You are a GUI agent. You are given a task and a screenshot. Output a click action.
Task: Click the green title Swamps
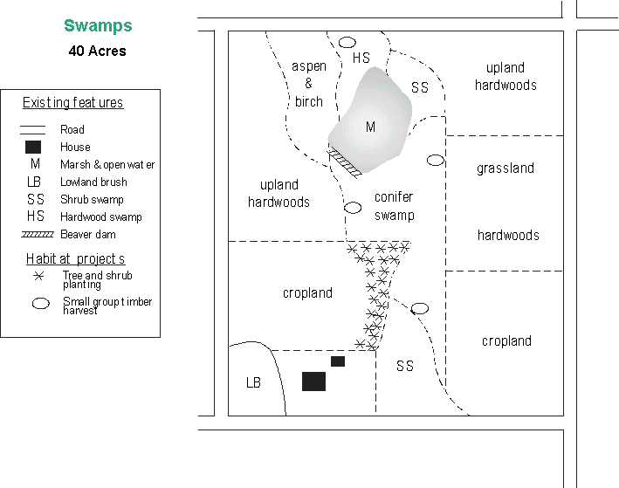coord(98,26)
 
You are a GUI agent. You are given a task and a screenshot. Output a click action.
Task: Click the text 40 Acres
coord(98,51)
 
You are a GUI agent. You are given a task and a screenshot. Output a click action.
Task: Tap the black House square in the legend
coord(33,147)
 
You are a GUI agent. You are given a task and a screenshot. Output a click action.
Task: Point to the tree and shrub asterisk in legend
coord(38,276)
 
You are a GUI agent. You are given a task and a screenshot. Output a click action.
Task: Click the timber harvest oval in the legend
coord(40,304)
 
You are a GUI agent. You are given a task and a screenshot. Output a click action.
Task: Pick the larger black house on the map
coord(313,381)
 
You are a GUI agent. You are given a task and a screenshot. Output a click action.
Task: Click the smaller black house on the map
coord(338,361)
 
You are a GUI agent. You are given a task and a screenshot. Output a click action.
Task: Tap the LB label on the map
coord(253,382)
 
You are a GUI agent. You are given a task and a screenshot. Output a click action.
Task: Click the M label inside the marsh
coord(370,127)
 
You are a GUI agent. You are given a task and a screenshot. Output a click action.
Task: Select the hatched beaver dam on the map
coord(344,162)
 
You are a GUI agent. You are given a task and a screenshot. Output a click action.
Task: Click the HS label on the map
coord(361,58)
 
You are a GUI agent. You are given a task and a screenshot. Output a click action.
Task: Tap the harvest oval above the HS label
coord(347,42)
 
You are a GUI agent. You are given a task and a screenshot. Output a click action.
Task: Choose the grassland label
coord(506,168)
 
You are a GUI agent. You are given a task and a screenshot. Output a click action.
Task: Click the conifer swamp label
coord(393,206)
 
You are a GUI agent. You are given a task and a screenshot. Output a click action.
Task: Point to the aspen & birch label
coord(309,84)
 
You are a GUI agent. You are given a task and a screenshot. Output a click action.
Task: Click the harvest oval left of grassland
coord(435,160)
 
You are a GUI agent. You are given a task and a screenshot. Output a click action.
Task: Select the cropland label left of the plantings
coord(307,293)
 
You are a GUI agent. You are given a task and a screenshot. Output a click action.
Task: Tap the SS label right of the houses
coord(404,366)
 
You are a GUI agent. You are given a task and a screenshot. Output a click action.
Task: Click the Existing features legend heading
coord(72,103)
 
